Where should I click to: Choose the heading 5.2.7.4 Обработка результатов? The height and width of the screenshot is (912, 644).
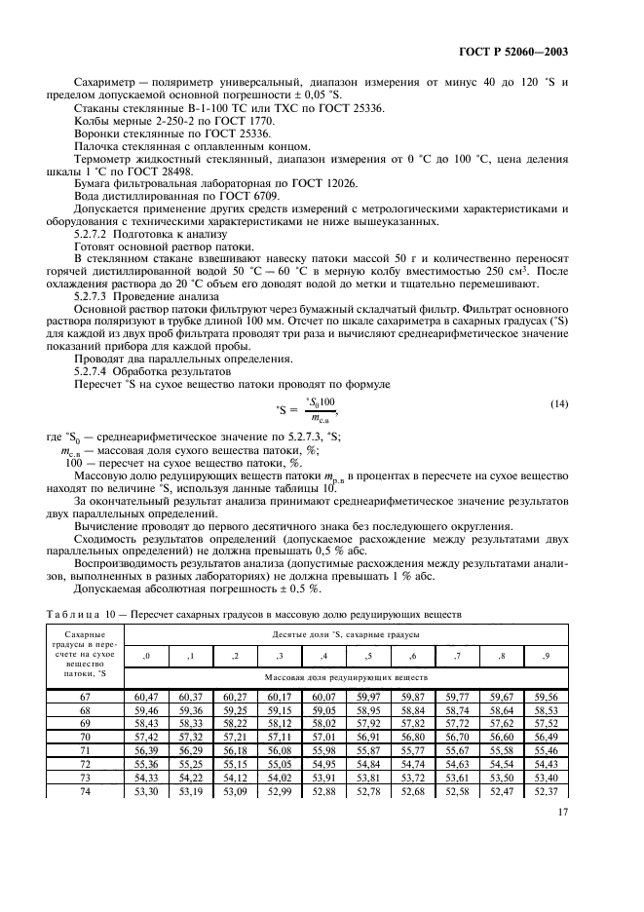point(141,372)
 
